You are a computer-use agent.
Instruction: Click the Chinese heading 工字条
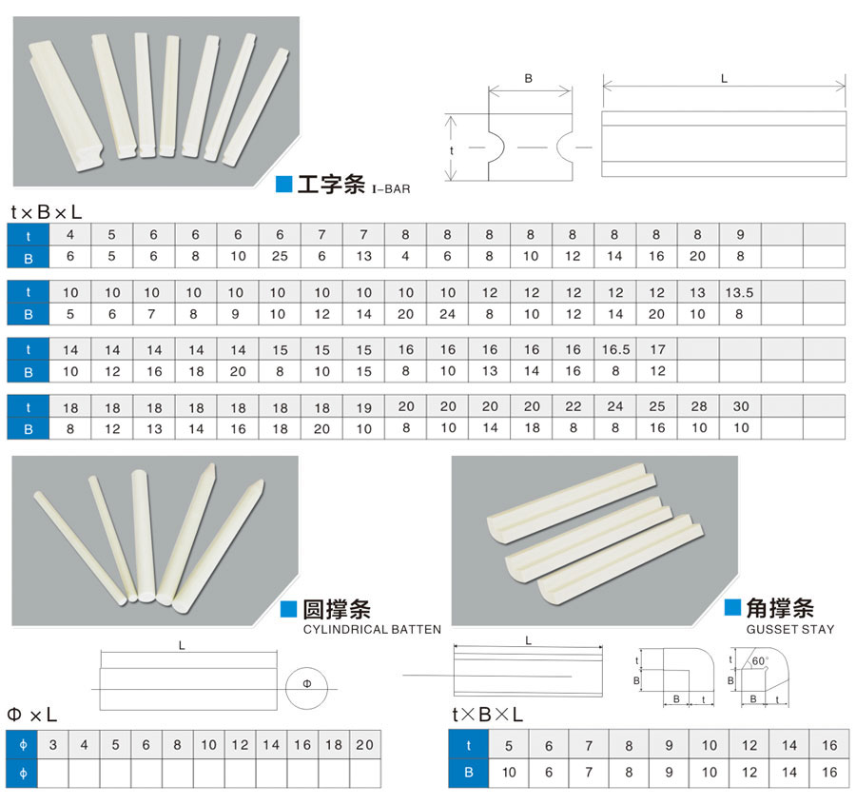click(331, 185)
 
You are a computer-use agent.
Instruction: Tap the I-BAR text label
click(391, 189)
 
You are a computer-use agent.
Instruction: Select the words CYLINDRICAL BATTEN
click(372, 629)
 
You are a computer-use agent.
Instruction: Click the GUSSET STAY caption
click(790, 629)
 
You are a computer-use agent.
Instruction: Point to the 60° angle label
click(759, 659)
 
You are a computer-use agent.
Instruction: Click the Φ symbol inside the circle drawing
click(306, 684)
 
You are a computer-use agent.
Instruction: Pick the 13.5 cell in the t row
click(739, 293)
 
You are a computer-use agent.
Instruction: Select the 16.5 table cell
click(615, 349)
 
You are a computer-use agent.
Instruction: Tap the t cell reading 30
click(741, 406)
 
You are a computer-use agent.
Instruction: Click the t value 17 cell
click(657, 349)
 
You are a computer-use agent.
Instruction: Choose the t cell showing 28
click(699, 406)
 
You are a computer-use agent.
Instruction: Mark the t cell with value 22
click(574, 406)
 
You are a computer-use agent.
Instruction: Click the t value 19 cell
click(363, 406)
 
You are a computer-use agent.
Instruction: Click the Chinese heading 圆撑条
click(336, 609)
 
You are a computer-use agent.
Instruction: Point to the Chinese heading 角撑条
click(781, 608)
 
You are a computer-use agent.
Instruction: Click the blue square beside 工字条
click(283, 185)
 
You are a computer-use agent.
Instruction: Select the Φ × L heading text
click(32, 714)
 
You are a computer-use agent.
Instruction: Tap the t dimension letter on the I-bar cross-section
click(452, 149)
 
